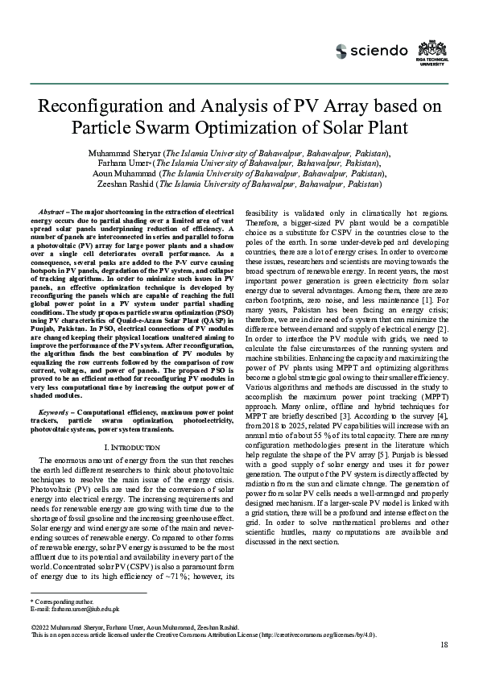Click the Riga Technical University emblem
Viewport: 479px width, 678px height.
(431, 51)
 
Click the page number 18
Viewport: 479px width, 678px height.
(444, 645)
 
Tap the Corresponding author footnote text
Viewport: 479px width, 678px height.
(63, 601)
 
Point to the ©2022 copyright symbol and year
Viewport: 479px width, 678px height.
(41, 626)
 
